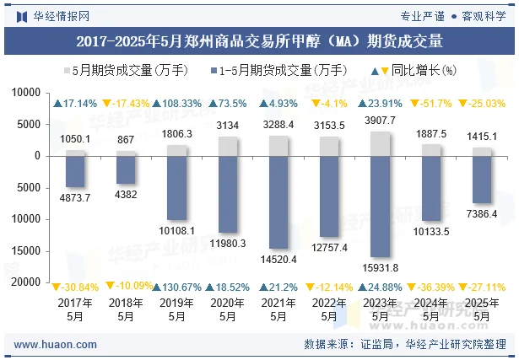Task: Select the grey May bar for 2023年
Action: click(x=380, y=143)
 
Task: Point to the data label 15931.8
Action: click(x=380, y=268)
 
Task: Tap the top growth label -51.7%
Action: click(x=430, y=104)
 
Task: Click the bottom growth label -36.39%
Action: click(x=430, y=287)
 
